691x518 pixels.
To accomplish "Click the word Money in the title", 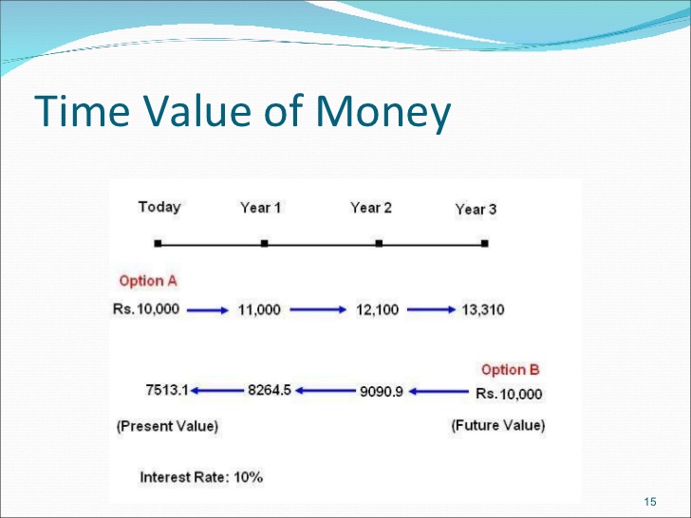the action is pyautogui.click(x=383, y=112).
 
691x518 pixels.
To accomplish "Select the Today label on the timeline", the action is pyautogui.click(x=159, y=207).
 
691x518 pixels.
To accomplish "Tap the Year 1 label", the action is pyautogui.click(x=260, y=208).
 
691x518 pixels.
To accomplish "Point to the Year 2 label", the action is pyautogui.click(x=371, y=208).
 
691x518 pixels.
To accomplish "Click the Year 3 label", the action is pyautogui.click(x=476, y=210).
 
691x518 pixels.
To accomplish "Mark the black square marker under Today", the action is pyautogui.click(x=159, y=243).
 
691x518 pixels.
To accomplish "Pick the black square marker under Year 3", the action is pyautogui.click(x=485, y=243).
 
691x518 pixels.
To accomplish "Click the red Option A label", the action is pyautogui.click(x=148, y=281).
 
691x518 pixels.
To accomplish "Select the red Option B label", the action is pyautogui.click(x=511, y=370).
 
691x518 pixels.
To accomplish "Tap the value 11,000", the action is pyautogui.click(x=259, y=309).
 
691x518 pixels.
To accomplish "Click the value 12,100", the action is pyautogui.click(x=377, y=309).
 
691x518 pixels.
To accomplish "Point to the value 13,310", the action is pyautogui.click(x=483, y=309).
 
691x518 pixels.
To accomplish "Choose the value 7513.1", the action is pyautogui.click(x=167, y=390).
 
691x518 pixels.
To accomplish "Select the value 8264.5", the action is pyautogui.click(x=270, y=390).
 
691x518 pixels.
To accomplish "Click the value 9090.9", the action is pyautogui.click(x=382, y=391).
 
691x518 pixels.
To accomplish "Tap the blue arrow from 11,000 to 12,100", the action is pyautogui.click(x=318, y=309).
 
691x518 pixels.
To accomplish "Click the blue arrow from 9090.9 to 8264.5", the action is pyautogui.click(x=326, y=391).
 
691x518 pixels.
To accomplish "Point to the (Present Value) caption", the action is pyautogui.click(x=167, y=426).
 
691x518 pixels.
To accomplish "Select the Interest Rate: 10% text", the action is pyautogui.click(x=201, y=477).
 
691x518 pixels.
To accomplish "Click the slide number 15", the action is pyautogui.click(x=650, y=502).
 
